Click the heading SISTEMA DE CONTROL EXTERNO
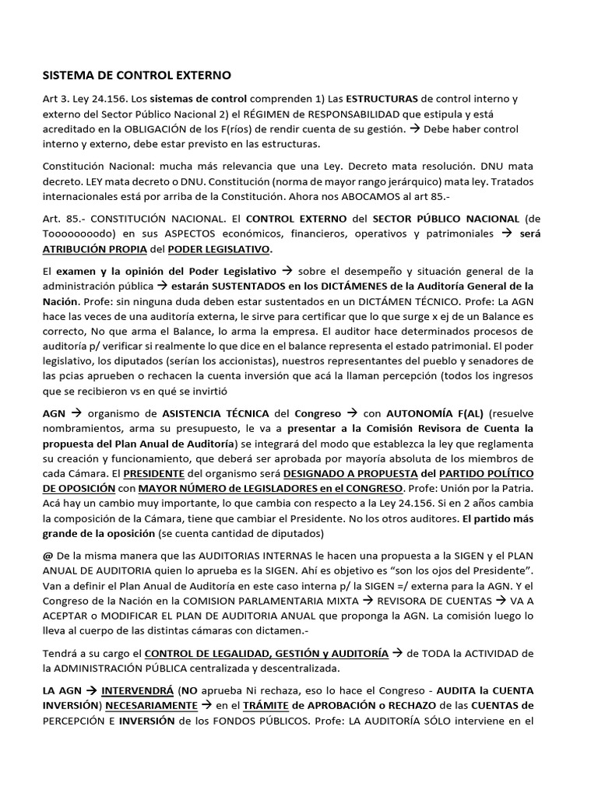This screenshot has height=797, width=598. [x=136, y=75]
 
